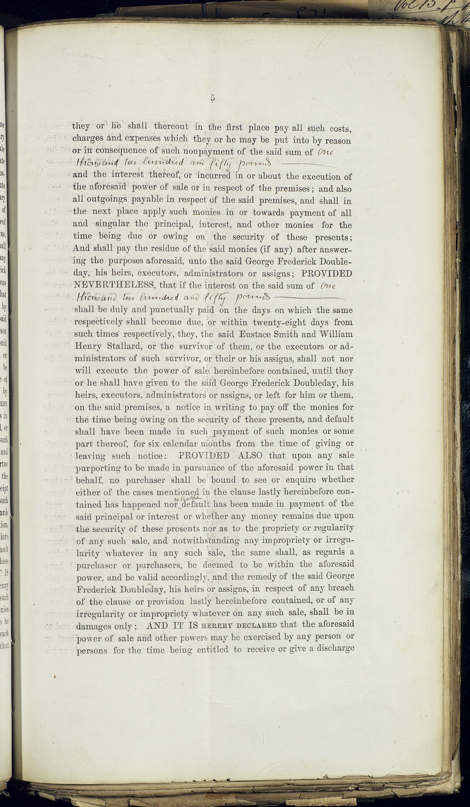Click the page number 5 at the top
213,98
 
